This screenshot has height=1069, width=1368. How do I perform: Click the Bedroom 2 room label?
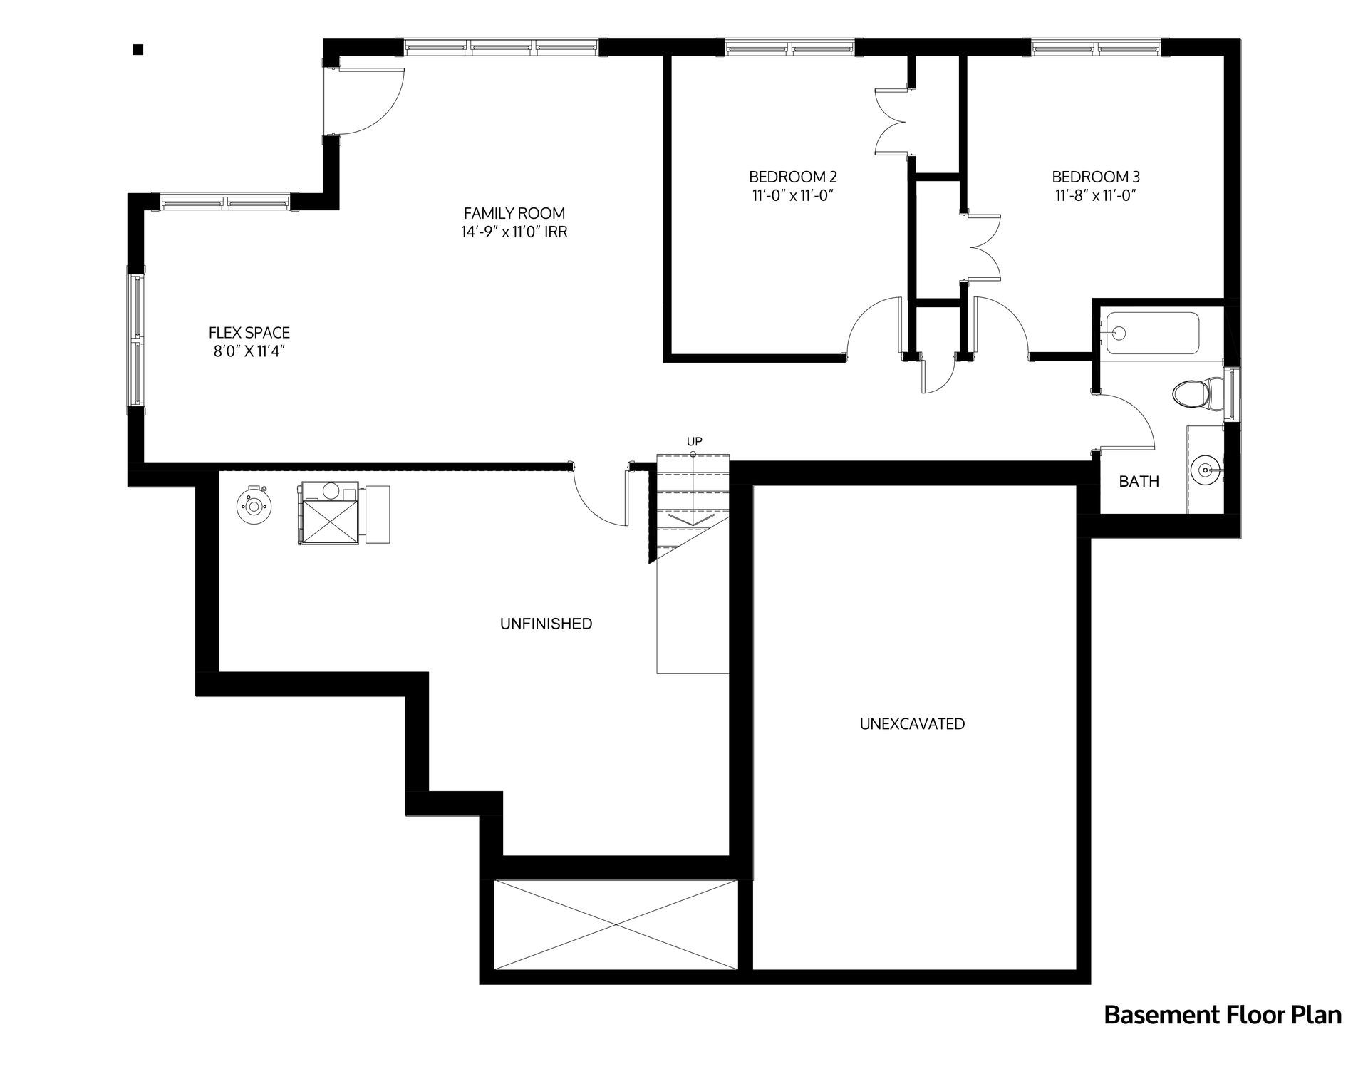click(792, 177)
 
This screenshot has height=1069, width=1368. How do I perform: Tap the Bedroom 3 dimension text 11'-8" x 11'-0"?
click(1095, 196)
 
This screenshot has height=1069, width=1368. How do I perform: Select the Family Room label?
click(514, 213)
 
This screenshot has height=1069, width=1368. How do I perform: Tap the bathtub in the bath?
click(1151, 333)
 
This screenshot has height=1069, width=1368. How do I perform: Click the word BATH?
click(1139, 482)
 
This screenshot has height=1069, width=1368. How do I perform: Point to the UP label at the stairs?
click(694, 441)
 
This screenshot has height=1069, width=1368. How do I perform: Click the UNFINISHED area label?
click(546, 624)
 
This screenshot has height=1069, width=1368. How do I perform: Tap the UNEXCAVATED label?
click(912, 724)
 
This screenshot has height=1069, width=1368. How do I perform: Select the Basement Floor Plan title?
click(1223, 1015)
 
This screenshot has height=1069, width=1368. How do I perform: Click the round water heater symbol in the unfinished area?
click(252, 506)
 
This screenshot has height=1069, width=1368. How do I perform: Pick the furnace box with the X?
click(328, 513)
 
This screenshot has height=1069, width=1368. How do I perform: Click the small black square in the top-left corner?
click(138, 49)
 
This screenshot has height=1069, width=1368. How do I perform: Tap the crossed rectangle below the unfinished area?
click(616, 924)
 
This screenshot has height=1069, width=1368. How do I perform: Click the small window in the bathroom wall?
click(1232, 394)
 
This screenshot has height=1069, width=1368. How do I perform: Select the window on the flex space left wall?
click(135, 340)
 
